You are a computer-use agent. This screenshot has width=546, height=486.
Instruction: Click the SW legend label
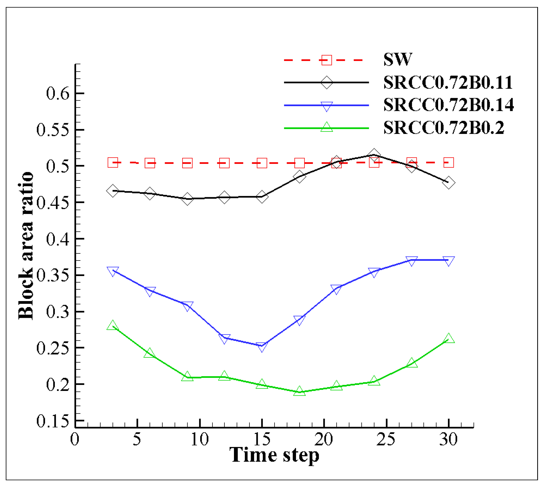397,59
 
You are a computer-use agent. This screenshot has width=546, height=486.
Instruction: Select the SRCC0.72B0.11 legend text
448,82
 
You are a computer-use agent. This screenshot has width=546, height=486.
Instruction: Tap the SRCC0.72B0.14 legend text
448,105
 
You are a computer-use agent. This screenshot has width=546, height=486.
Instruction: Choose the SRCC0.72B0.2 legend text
443,128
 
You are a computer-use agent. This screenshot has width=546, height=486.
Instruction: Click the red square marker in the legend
327,60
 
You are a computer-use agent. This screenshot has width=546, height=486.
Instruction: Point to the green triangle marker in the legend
327,127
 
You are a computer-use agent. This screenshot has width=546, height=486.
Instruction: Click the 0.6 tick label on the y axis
58,94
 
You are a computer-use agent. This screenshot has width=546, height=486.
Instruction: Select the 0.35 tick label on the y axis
53,275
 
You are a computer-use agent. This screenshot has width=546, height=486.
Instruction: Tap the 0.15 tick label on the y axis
53,421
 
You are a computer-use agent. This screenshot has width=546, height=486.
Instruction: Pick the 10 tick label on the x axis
199,439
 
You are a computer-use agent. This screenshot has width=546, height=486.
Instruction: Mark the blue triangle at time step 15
262,347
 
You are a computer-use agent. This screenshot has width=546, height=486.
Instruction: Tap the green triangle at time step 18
300,391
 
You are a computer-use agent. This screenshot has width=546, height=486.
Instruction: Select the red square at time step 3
113,162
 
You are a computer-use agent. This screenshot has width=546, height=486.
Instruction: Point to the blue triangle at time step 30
448,261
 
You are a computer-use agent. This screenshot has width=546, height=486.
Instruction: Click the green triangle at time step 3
113,325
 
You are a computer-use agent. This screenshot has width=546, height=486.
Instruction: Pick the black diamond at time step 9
187,199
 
